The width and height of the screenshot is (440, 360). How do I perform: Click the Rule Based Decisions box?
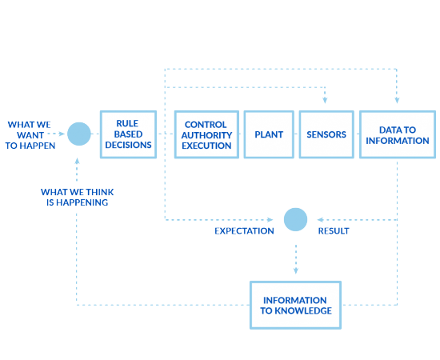[128, 134]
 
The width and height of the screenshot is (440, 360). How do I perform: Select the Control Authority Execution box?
[207, 134]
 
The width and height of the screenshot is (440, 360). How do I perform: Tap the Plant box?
[268, 134]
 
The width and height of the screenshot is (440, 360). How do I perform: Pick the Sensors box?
[326, 134]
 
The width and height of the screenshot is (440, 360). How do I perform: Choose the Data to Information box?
[397, 134]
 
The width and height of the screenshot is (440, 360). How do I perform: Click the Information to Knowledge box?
[296, 305]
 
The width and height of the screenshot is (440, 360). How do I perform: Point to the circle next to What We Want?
[78, 134]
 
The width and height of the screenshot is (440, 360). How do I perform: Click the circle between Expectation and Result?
[295, 218]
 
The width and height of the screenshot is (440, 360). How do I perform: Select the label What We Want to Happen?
[30, 134]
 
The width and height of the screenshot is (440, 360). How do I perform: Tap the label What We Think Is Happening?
[74, 198]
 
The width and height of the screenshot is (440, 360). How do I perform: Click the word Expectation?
[244, 231]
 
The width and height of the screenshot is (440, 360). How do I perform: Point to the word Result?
[334, 231]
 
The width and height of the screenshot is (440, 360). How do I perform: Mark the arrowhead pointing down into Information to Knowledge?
[295, 271]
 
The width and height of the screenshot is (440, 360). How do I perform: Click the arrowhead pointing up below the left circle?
[78, 159]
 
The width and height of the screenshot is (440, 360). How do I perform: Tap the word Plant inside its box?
[268, 134]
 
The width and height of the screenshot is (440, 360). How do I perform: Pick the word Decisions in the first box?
[128, 145]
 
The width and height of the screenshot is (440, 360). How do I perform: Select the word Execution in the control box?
[207, 145]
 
